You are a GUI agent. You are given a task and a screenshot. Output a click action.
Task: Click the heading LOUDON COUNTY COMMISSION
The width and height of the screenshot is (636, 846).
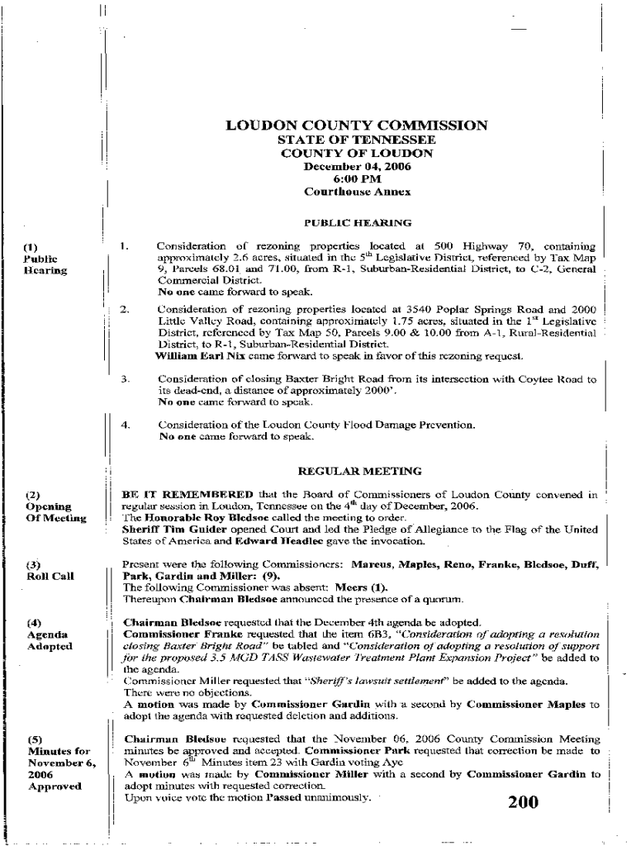click(357, 126)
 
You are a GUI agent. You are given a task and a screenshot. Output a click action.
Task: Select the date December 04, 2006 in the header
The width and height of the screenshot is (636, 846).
click(357, 166)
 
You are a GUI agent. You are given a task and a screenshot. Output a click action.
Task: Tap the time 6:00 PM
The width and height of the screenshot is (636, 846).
click(357, 178)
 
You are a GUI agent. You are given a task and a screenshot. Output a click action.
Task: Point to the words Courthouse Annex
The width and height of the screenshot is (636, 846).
click(357, 192)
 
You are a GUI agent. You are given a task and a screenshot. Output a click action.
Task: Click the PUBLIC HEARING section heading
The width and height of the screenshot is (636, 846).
click(357, 222)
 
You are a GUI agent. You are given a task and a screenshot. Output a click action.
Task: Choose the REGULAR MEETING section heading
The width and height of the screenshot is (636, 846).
click(359, 471)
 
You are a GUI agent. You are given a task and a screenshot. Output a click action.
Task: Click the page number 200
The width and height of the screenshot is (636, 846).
click(523, 802)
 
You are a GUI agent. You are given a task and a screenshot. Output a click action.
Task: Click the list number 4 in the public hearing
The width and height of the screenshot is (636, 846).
click(126, 425)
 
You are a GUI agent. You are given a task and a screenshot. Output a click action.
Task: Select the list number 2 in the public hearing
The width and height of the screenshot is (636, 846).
click(125, 310)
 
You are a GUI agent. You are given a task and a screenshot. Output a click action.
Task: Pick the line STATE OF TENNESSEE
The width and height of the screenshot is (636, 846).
click(357, 140)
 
